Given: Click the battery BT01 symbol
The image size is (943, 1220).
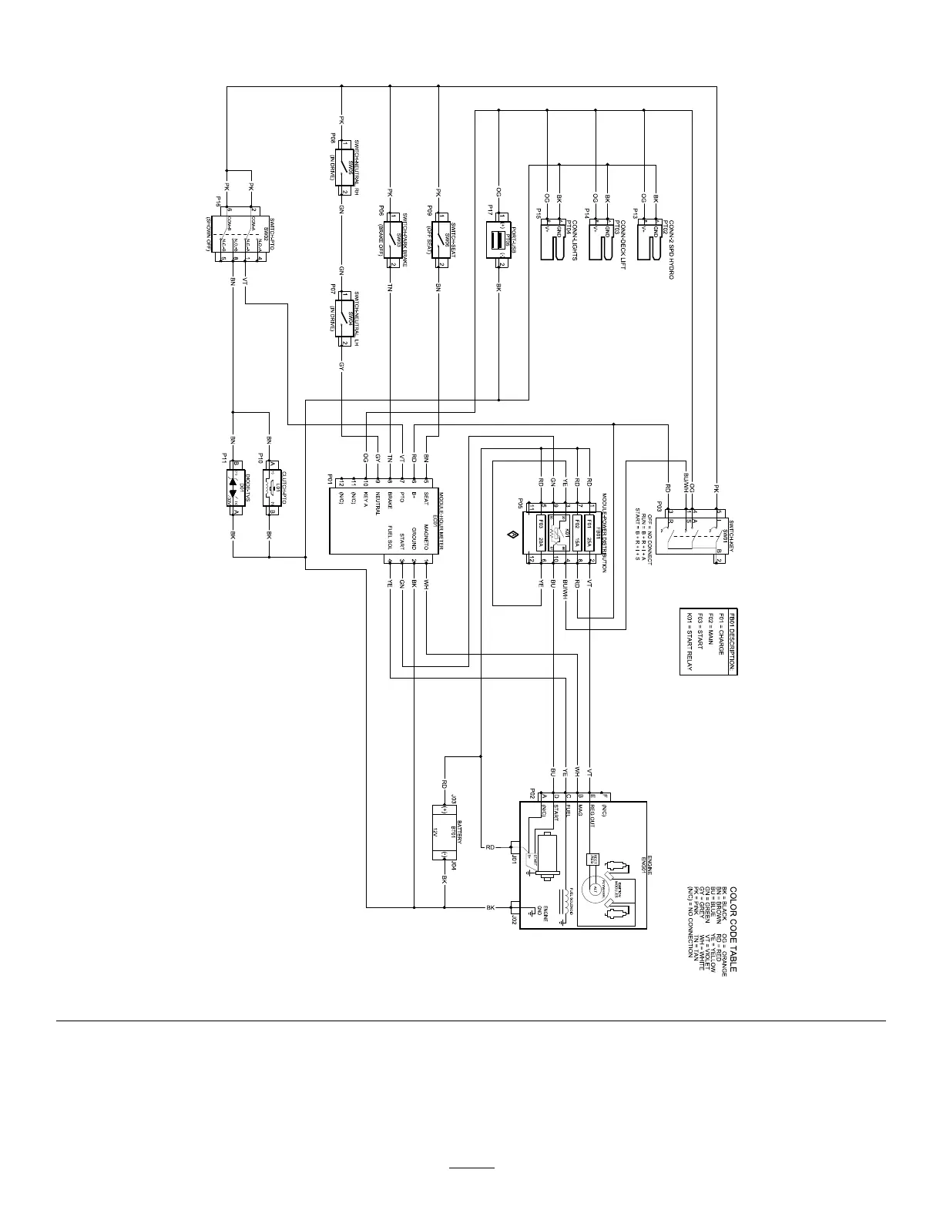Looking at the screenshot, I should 445,833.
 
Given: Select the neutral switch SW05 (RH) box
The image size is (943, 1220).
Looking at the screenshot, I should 342,167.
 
